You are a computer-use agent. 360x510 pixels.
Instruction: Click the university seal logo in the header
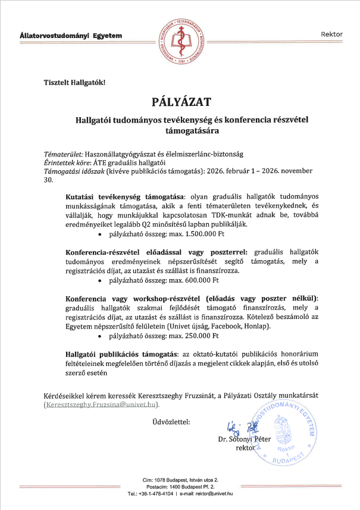click(x=180, y=34)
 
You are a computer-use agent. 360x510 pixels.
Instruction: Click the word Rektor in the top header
click(x=331, y=34)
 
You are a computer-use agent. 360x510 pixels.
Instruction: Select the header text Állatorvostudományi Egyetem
click(x=71, y=36)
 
